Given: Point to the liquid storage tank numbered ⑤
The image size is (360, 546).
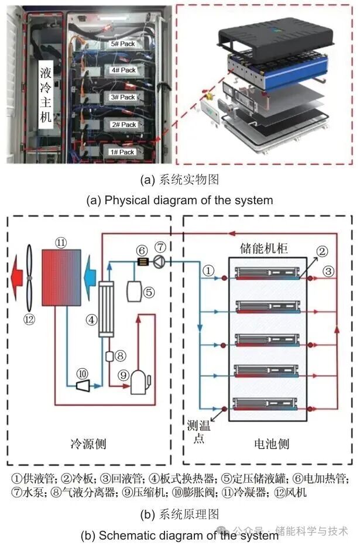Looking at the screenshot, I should (133, 291).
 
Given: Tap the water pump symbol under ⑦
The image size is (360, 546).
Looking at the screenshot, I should (159, 261).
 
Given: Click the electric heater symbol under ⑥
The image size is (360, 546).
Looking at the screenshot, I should (141, 262).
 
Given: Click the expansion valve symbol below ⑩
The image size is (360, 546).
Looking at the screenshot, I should (83, 384).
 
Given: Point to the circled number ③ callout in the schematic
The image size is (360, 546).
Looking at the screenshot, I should (330, 271).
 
